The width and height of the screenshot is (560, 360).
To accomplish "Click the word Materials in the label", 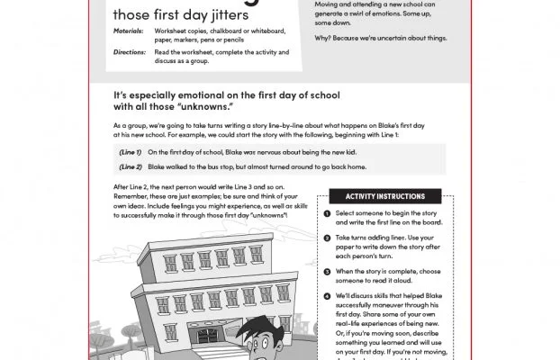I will pos(129,31).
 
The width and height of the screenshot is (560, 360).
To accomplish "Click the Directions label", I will pos(131,52).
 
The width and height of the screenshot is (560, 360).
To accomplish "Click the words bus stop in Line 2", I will pos(220,166).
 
